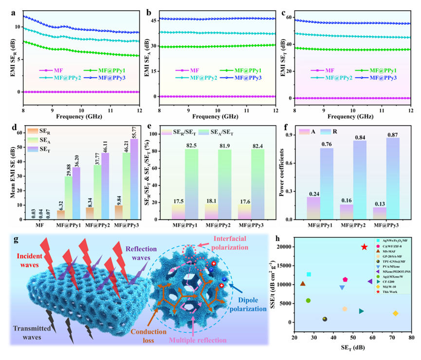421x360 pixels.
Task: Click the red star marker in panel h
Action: pos(365,247)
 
